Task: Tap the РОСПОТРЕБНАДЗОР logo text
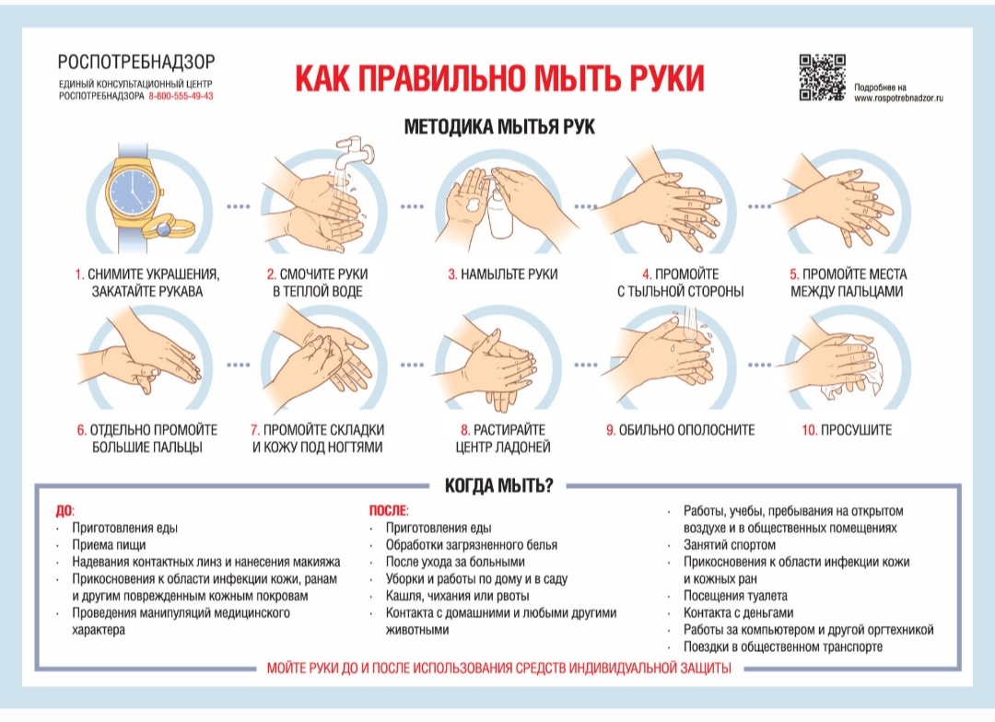coord(135,63)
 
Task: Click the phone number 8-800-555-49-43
coord(180,96)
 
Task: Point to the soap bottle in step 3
coord(498,212)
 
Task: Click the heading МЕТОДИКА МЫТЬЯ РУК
coord(499,128)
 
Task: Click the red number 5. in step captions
coord(793,274)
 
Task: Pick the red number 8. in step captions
coord(466,430)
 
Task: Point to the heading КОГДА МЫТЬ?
coord(498,485)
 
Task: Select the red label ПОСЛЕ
coord(387,510)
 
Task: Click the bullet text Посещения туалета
coord(735,596)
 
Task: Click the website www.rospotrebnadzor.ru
coord(900,97)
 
